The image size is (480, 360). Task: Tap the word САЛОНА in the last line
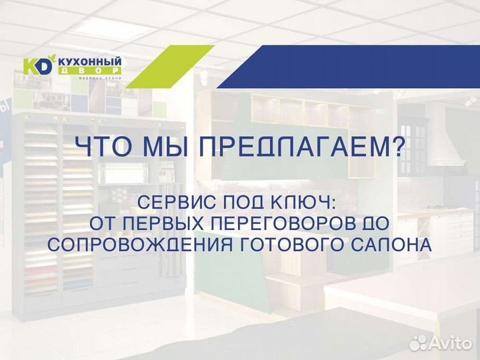[x=397, y=245]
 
